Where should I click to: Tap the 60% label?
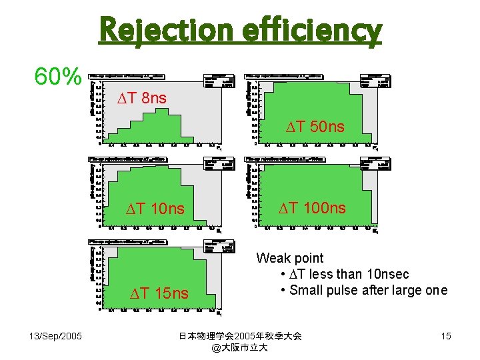coord(58,78)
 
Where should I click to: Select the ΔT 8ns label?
coord(142,99)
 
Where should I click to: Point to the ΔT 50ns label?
coord(315,127)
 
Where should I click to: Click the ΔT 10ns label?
coord(156,210)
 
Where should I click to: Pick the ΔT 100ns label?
coord(312,208)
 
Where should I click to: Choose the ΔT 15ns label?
coord(159,293)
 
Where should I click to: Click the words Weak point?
coord(289,258)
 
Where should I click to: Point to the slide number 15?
coord(445,336)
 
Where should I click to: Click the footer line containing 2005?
coord(241,336)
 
